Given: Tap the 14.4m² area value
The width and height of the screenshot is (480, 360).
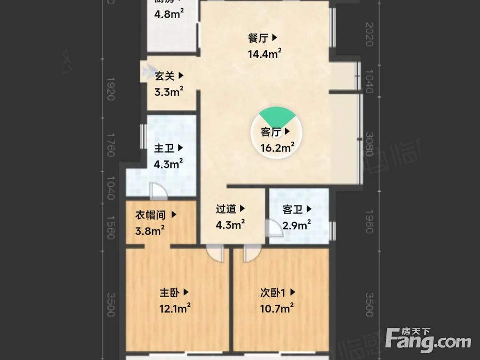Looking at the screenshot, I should [x=264, y=54].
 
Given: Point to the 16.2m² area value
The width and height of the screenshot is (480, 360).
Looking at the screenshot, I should [x=277, y=148].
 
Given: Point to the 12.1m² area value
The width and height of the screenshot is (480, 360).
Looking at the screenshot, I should [x=175, y=308].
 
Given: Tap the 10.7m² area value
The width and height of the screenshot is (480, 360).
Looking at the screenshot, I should [x=277, y=308].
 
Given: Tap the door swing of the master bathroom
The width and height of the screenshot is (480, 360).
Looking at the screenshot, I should [x=158, y=192].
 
